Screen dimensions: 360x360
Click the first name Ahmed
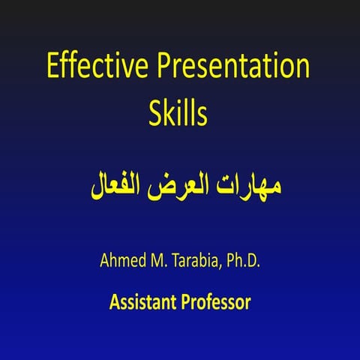tap(123, 262)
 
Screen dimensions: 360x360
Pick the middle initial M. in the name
tap(160, 262)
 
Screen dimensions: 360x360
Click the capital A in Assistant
tap(114, 303)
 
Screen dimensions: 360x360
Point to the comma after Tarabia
tap(221, 268)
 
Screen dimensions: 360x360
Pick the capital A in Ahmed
tap(104, 262)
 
